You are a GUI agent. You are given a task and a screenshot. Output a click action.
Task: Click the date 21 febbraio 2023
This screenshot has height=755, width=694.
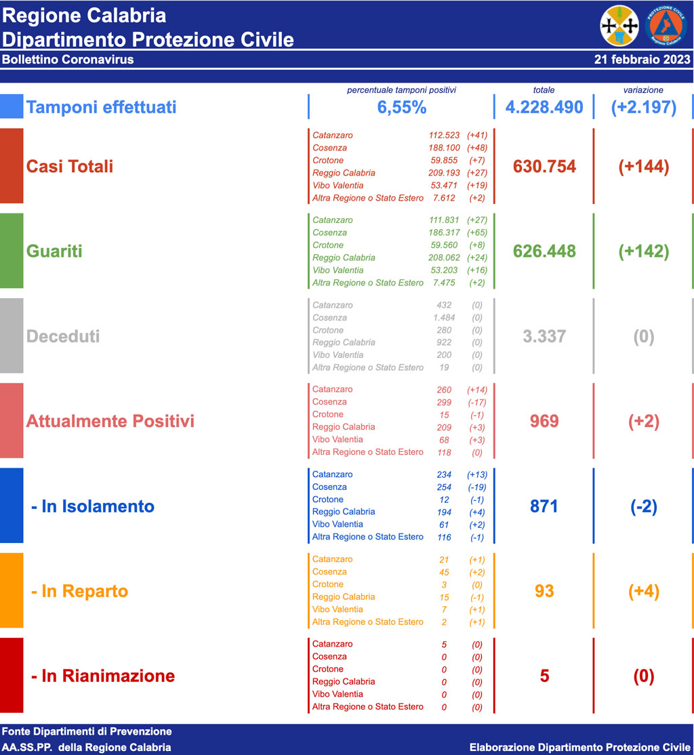[642, 59]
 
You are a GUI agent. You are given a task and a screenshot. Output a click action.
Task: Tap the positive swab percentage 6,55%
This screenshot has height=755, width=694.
[401, 107]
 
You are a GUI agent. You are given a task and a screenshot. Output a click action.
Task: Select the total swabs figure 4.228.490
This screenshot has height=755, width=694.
[544, 107]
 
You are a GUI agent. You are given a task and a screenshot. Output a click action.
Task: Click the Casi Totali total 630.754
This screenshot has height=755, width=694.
[544, 166]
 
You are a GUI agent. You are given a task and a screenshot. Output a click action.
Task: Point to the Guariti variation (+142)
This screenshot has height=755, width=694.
[643, 251]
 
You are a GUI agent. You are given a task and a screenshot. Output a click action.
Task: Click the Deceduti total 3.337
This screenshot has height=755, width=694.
[544, 336]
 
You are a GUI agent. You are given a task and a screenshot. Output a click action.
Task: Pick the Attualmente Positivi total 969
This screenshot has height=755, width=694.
[544, 422]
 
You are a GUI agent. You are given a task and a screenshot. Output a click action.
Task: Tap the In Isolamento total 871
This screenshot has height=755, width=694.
[544, 506]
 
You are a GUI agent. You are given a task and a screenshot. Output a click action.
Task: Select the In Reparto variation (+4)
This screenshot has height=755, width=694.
[643, 591]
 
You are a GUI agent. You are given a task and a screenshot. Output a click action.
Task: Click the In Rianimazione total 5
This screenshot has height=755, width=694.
[544, 676]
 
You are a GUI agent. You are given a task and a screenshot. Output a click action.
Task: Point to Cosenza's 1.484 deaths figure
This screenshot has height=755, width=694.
[444, 318]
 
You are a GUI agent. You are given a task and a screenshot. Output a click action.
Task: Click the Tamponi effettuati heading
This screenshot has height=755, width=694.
[101, 107]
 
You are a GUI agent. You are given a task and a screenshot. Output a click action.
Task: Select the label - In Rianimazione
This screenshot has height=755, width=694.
[103, 676]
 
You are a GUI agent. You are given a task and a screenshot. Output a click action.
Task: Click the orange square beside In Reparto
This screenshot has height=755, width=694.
[12, 590]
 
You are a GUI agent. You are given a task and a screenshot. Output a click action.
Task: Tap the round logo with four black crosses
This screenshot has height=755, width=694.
[619, 25]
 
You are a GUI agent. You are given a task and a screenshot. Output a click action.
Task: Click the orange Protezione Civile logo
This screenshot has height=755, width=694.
[668, 25]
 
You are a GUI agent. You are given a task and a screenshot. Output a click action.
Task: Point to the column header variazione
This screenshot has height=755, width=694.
[643, 90]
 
